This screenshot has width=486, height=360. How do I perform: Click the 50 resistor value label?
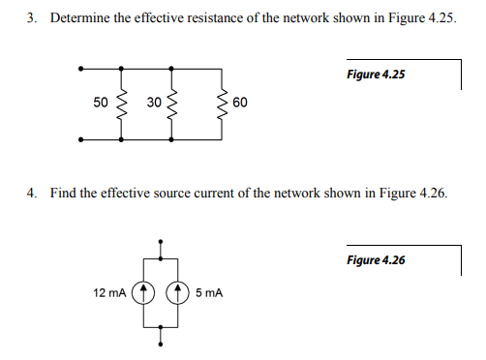(x=101, y=102)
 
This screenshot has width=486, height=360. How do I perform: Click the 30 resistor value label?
(x=154, y=102)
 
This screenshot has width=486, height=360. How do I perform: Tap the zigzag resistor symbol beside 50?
(x=121, y=103)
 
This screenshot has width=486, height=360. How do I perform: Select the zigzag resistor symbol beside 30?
(x=172, y=103)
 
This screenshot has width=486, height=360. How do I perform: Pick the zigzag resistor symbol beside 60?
(x=224, y=103)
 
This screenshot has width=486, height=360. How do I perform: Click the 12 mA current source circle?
(x=143, y=290)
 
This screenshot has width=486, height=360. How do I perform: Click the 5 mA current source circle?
(x=179, y=290)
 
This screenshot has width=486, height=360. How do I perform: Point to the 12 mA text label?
(x=109, y=290)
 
